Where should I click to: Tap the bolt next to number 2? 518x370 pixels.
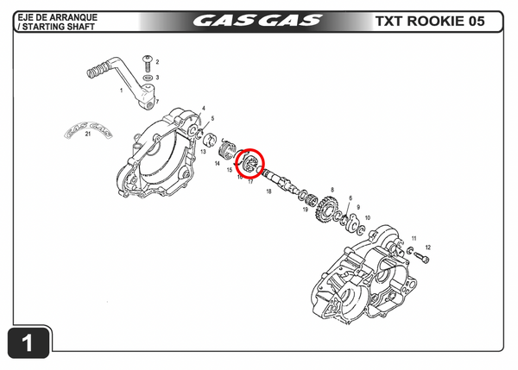148,61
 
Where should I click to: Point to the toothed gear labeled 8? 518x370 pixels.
325,209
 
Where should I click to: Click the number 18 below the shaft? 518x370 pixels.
268,191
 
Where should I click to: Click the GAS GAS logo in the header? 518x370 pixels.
257,20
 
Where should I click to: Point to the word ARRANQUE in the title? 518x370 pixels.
74,16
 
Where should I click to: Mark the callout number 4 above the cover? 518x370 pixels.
204,109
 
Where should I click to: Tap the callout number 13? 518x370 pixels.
202,151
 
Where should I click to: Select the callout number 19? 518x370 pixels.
306,210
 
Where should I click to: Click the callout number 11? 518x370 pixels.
414,237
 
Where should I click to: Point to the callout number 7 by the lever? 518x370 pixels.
157,102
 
